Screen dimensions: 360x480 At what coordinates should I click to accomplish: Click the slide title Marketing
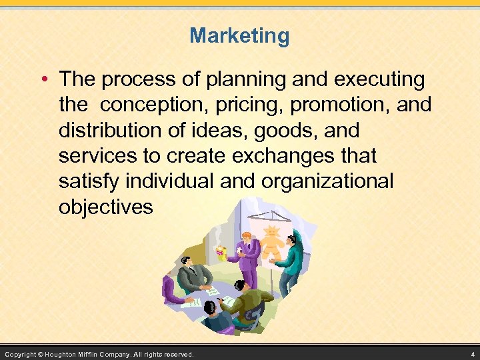coord(239,35)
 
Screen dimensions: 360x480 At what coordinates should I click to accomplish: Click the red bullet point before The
coord(44,81)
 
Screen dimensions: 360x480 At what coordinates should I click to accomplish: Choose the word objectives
coord(105,207)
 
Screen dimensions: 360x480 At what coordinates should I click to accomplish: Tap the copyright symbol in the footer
coord(40,354)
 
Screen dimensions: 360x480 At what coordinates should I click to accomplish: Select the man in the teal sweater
coord(291,261)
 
